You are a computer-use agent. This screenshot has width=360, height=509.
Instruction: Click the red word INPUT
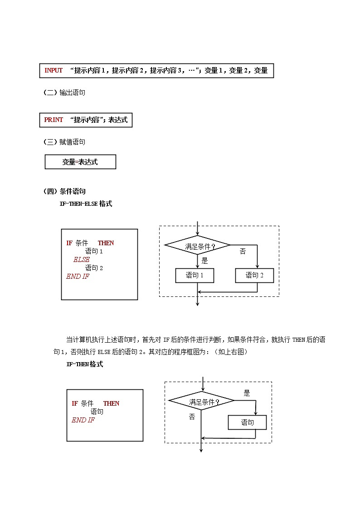point(54,70)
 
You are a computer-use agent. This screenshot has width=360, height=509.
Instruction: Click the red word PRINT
point(54,120)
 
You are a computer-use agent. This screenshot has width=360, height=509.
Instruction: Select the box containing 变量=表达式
point(80,162)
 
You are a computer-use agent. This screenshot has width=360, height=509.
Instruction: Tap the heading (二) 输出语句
point(64,92)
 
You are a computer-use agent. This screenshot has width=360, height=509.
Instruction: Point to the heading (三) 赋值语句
point(64,142)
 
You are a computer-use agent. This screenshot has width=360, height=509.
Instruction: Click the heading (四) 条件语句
point(64,191)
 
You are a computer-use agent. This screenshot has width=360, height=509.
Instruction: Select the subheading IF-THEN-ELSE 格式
point(86,204)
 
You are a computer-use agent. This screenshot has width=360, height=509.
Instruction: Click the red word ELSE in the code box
point(82,260)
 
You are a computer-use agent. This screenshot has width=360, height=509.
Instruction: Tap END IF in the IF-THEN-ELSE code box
point(78,276)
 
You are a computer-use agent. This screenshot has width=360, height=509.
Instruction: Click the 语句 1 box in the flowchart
point(195,275)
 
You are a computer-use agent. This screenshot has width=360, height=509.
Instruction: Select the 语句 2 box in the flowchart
point(254,275)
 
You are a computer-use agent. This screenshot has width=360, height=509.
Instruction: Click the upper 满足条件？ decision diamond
point(197,246)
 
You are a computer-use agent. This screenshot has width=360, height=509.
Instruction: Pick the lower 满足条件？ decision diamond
point(202,402)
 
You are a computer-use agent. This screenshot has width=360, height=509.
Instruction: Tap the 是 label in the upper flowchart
point(204,261)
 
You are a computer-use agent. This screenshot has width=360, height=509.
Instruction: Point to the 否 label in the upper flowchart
point(243,251)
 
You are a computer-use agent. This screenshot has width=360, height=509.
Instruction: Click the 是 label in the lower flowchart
point(247,393)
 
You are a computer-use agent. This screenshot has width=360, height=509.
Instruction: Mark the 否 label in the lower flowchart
point(192,417)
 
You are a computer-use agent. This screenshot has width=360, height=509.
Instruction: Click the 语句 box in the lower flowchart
point(247,422)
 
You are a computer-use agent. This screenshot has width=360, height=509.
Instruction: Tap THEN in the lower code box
point(111,403)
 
